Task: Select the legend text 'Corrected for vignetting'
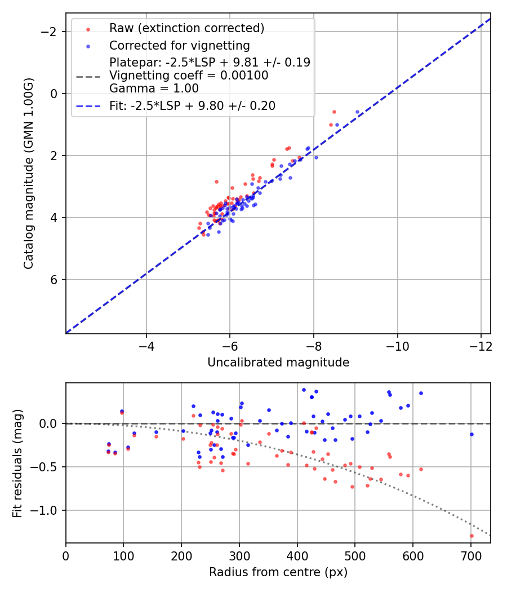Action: [179, 45]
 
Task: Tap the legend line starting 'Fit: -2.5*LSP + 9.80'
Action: [192, 106]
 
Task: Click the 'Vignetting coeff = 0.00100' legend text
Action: [189, 76]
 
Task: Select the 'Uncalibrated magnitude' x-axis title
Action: [278, 363]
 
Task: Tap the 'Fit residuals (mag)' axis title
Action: [17, 463]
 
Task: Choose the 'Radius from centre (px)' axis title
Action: [278, 572]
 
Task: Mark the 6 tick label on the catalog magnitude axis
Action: [54, 280]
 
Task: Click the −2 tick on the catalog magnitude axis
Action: [50, 32]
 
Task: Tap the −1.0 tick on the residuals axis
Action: [46, 510]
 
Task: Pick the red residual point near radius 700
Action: [472, 536]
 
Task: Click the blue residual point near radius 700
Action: [472, 434]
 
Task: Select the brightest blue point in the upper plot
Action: [357, 112]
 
